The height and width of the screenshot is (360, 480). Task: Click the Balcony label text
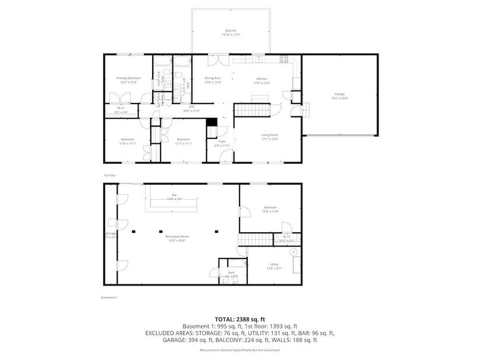coord(230,30)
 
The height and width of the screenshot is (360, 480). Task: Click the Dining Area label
coord(213,78)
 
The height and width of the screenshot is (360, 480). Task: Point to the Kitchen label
coord(262,78)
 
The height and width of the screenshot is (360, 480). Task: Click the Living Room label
coord(269,135)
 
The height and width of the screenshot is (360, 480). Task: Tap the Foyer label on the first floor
coord(220,142)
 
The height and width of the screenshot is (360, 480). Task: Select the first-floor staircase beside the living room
coord(250,110)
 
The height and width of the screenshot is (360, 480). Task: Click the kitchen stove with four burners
coord(284,59)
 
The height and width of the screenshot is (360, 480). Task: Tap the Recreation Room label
coord(178,237)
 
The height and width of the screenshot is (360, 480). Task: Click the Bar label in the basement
coord(175,195)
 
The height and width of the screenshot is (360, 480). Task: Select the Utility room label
coord(274,264)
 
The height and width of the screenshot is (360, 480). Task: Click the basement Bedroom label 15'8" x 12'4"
coord(270,208)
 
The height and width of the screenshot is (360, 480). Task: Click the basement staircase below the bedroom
coord(254,239)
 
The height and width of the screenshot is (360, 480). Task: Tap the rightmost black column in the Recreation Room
coord(217,230)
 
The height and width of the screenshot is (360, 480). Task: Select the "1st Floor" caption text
coord(109,175)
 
